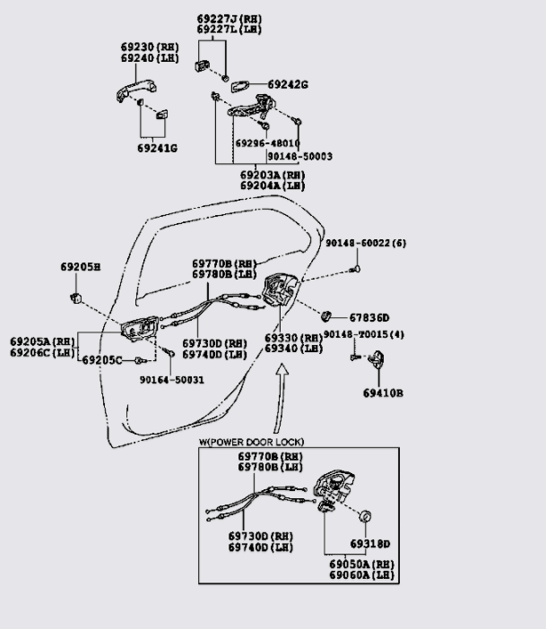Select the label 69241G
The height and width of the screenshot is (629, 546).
pyautogui.click(x=157, y=148)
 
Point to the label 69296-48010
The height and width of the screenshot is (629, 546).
pyautogui.click(x=267, y=142)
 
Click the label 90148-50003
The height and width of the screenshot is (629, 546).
pyautogui.click(x=299, y=156)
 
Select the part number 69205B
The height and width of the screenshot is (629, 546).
pyautogui.click(x=81, y=267)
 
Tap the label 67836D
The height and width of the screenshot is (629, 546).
pyautogui.click(x=369, y=317)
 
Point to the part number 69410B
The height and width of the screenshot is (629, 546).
pyautogui.click(x=383, y=392)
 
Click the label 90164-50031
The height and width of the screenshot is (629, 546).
pyautogui.click(x=171, y=379)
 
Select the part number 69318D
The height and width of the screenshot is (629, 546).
pyautogui.click(x=369, y=544)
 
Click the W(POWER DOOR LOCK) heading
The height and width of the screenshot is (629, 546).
pyautogui.click(x=251, y=443)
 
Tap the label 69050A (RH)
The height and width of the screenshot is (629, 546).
pyautogui.click(x=360, y=563)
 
